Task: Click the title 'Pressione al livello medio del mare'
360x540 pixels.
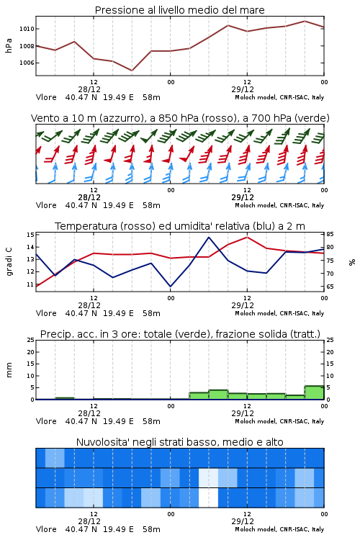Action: [x=179, y=10]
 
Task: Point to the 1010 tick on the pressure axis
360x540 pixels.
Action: [x=27, y=29]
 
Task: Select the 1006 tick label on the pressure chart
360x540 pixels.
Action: [x=27, y=63]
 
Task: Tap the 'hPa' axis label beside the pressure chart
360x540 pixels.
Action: [x=9, y=45]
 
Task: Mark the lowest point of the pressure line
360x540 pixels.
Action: [x=132, y=71]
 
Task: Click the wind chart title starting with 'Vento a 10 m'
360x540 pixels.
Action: [x=180, y=118]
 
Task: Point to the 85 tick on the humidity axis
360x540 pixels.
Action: [x=330, y=234]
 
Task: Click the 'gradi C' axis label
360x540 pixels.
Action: [x=9, y=261]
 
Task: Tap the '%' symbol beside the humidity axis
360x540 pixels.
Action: [x=352, y=262]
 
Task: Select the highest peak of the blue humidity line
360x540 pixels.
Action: [x=209, y=237]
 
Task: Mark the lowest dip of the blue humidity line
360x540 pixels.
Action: [x=170, y=287]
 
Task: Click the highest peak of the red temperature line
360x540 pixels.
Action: [x=247, y=237]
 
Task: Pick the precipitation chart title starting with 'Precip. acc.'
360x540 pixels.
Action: [x=180, y=334]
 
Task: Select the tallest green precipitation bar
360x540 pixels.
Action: [x=314, y=392]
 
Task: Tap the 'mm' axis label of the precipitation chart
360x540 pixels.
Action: [x=9, y=370]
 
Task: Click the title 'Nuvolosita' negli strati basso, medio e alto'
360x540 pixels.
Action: [x=179, y=442]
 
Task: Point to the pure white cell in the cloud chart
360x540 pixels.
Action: [x=208, y=498]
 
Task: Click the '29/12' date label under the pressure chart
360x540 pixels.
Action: [x=243, y=89]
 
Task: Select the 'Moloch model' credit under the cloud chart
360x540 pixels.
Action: [x=255, y=529]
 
